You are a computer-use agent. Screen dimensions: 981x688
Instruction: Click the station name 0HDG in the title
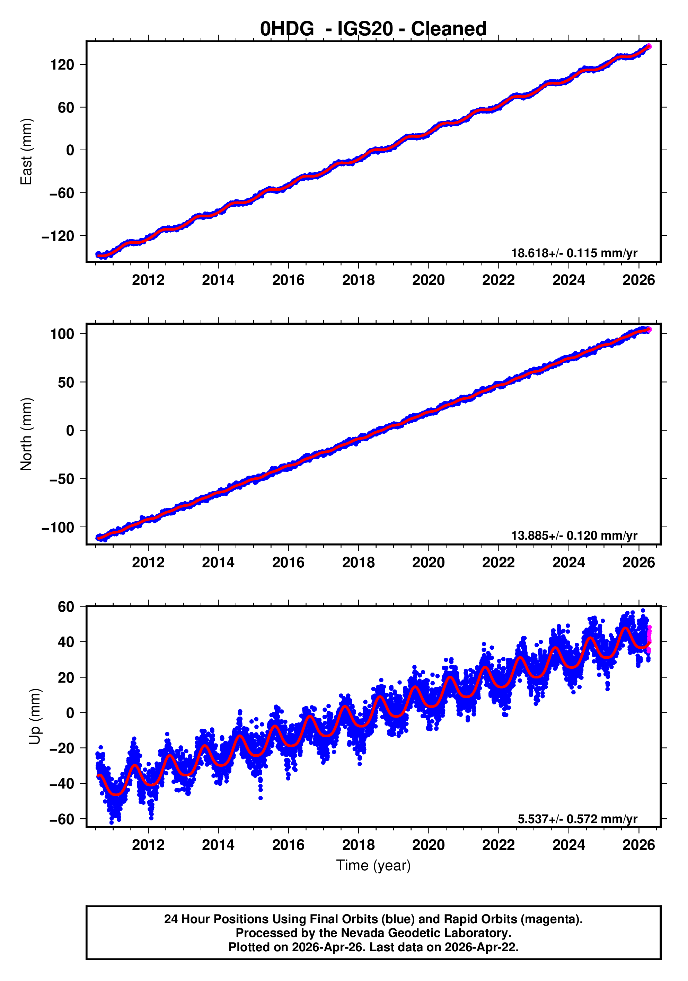click(286, 29)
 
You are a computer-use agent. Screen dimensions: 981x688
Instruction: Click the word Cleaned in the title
click(449, 29)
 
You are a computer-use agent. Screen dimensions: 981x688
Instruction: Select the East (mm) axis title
click(27, 152)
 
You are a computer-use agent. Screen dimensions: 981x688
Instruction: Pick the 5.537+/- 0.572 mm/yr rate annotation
click(577, 819)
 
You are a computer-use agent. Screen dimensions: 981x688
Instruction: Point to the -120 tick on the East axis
click(58, 236)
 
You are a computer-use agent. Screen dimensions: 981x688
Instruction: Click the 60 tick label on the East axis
click(66, 108)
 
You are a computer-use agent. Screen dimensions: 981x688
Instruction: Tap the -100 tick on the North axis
click(58, 528)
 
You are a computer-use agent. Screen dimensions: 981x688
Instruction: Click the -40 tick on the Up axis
click(62, 784)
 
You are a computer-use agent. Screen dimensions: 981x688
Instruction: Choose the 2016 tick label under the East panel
click(288, 280)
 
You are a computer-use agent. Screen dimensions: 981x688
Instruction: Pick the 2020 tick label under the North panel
click(428, 563)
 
